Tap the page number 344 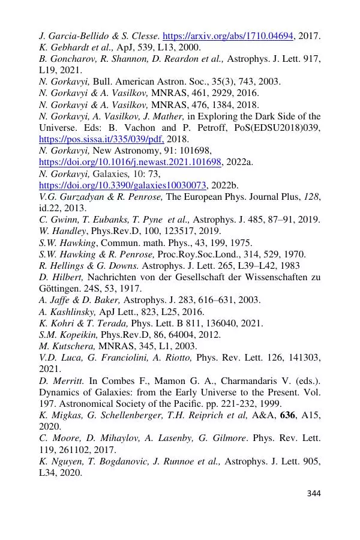[314, 493]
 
